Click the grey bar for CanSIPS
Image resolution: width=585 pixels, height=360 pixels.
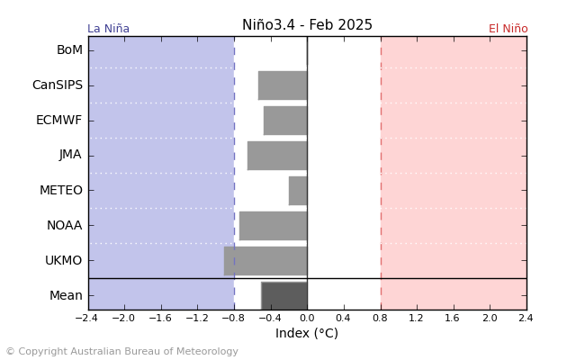coord(283,85)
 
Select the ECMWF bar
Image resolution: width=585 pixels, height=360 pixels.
coord(285,121)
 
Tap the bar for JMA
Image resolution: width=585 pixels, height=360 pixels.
coord(277,155)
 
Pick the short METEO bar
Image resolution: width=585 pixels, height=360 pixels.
coord(298,190)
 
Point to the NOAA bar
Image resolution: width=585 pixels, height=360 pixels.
coord(273,225)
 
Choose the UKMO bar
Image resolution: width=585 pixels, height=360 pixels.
coord(265,260)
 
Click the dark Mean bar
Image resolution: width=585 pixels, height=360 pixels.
coord(284,295)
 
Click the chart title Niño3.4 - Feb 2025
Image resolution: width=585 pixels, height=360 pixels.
coord(307,25)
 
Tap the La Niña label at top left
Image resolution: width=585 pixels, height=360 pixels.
coord(108,29)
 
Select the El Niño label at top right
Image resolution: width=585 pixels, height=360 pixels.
coord(508,29)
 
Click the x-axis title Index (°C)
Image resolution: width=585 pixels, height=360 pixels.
coord(307,334)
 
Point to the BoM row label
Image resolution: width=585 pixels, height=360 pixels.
coord(69,50)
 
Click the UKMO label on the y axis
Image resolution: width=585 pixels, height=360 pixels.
coord(63,260)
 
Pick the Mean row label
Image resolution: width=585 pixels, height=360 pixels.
coord(66,295)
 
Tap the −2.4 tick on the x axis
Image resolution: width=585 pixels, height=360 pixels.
coord(86,318)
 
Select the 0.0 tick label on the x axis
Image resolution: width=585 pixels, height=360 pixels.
coord(307,318)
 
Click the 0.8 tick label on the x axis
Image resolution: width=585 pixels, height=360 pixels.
coord(380,318)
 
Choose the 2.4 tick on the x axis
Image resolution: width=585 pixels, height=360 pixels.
coord(526,318)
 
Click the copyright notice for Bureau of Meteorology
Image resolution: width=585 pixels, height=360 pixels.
coord(121,352)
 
